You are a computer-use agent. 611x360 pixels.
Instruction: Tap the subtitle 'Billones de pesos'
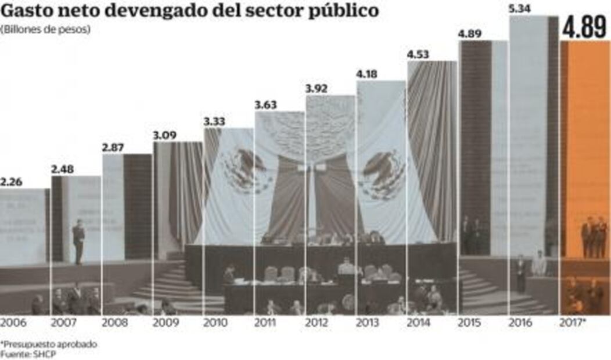[x=46, y=29]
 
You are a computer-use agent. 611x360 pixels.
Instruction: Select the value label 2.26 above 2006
[x=12, y=181]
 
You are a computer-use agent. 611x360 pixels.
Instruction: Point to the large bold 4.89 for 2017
[x=584, y=28]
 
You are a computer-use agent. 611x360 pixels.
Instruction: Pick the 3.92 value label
[x=317, y=89]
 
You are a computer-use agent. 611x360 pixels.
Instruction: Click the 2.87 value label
[x=114, y=147]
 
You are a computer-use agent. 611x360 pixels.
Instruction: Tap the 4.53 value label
[x=419, y=55]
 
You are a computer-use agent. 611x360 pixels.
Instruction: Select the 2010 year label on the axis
[x=215, y=322]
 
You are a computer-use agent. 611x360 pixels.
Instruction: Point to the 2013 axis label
[x=368, y=322]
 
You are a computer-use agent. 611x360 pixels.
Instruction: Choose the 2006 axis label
[x=12, y=322]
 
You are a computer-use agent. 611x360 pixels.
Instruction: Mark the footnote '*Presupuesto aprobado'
[x=49, y=344]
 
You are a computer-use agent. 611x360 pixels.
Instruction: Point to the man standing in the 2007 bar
[x=78, y=239]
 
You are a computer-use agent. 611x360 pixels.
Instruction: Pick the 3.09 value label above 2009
[x=165, y=135]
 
